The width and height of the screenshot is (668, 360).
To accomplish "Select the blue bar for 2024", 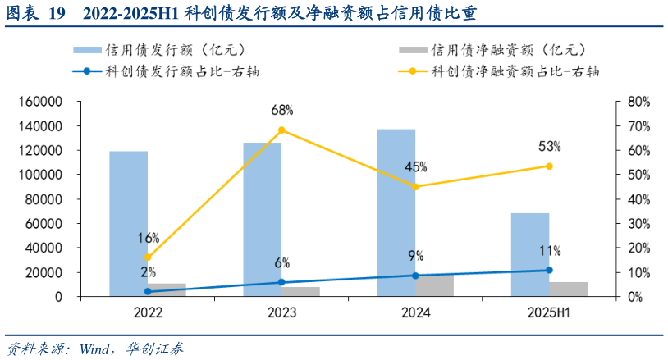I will pyautogui.click(x=396, y=212).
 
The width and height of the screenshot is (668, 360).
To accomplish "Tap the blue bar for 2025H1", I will pyautogui.click(x=529, y=254).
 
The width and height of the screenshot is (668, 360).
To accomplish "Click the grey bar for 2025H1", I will pyautogui.click(x=569, y=289).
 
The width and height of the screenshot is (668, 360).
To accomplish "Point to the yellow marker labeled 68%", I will pyautogui.click(x=281, y=130).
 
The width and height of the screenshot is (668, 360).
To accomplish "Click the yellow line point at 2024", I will pyautogui.click(x=415, y=187).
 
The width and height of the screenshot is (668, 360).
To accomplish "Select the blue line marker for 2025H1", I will pyautogui.click(x=549, y=270).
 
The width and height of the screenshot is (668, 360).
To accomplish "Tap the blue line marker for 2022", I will pyautogui.click(x=148, y=291).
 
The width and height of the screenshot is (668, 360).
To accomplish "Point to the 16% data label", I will pyautogui.click(x=149, y=238).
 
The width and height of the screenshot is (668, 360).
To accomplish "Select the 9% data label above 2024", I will pyautogui.click(x=415, y=256).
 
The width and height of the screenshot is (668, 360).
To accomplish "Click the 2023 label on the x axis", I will pyautogui.click(x=281, y=312).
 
